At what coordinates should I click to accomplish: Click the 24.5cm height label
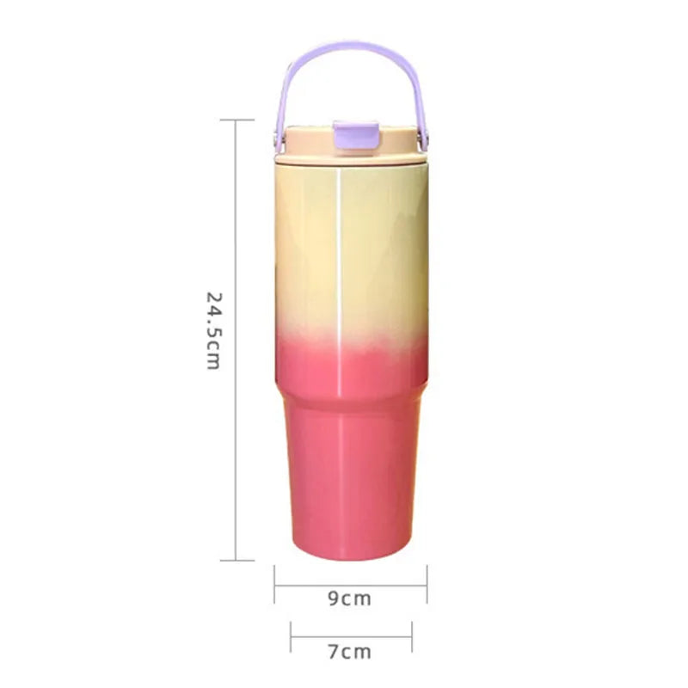pyautogui.click(x=213, y=331)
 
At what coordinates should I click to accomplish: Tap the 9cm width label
pyautogui.click(x=350, y=599)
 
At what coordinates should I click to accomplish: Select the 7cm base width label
pyautogui.click(x=350, y=652)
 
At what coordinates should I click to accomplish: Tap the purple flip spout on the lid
pyautogui.click(x=356, y=135)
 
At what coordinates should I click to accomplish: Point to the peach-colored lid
pyautogui.click(x=351, y=145)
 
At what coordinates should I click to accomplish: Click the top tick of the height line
pyautogui.click(x=237, y=120)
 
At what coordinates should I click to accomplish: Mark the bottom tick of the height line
pyautogui.click(x=237, y=561)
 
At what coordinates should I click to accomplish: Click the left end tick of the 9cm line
pyautogui.click(x=274, y=584)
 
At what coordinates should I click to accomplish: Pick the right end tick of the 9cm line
pyautogui.click(x=427, y=584)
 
